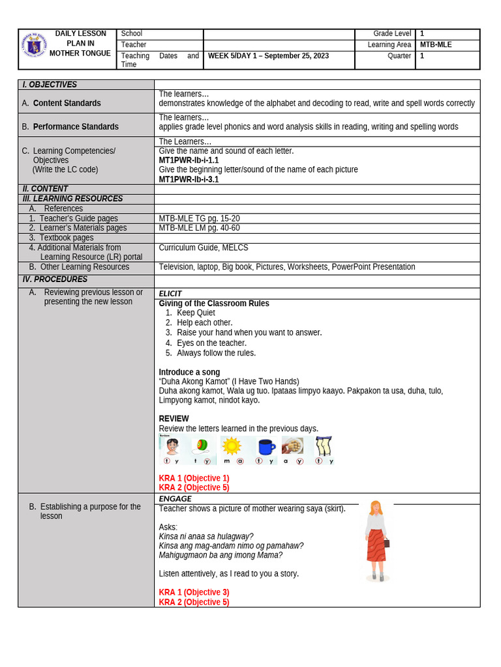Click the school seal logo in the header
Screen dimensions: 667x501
pyautogui.click(x=34, y=46)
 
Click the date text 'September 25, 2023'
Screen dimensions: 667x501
pyautogui.click(x=297, y=56)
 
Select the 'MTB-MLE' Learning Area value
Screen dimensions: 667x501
pyautogui.click(x=436, y=45)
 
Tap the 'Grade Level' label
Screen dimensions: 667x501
pyautogui.click(x=392, y=33)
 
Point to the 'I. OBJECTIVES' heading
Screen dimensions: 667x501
pyautogui.click(x=50, y=85)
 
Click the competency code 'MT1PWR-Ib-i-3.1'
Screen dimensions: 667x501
pyautogui.click(x=189, y=179)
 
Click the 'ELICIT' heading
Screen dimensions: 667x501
pyautogui.click(x=170, y=294)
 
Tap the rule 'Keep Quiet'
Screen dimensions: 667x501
pyautogui.click(x=196, y=313)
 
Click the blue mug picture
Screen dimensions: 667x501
pyautogui.click(x=266, y=446)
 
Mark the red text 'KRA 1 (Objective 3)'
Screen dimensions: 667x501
pyautogui.click(x=194, y=592)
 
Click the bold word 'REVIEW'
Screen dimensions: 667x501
pyautogui.click(x=174, y=419)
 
